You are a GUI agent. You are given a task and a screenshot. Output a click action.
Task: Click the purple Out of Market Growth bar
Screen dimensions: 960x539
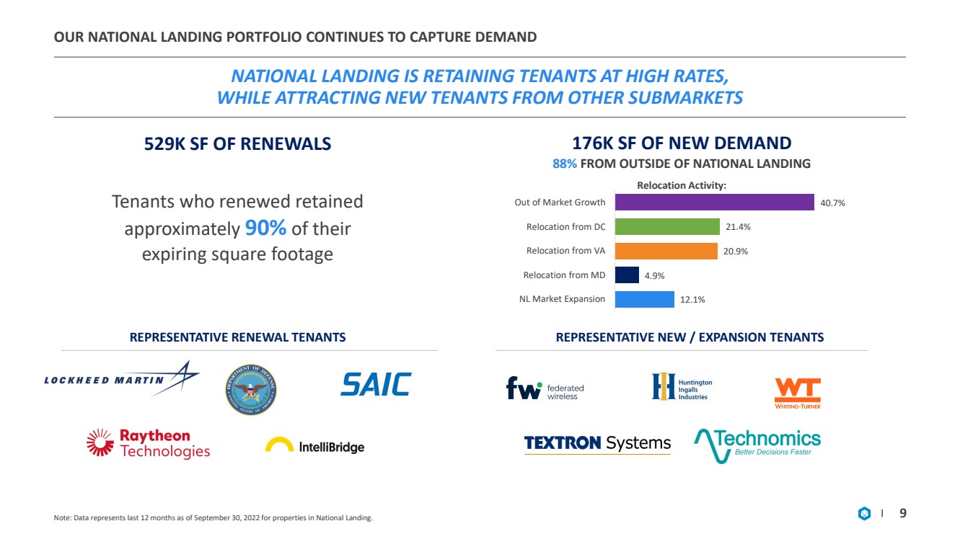(x=715, y=202)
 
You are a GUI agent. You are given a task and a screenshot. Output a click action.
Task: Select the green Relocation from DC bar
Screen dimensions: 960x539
(x=667, y=226)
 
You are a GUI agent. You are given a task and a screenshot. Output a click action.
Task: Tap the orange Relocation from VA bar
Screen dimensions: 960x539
(x=666, y=251)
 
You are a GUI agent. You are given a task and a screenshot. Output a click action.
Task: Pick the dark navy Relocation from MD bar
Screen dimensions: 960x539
(x=627, y=275)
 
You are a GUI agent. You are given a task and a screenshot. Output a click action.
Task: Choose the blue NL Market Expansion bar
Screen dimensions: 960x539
(x=645, y=299)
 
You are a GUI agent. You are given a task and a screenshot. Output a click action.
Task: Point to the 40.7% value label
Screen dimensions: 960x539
(x=832, y=203)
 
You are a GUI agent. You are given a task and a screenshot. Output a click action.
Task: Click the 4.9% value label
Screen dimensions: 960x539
(x=654, y=276)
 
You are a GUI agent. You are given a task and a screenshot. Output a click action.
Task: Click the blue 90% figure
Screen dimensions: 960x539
(x=265, y=228)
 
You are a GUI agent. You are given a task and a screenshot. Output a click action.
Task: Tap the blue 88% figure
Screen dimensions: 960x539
(x=565, y=164)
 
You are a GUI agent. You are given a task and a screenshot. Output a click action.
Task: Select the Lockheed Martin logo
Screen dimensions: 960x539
(x=122, y=379)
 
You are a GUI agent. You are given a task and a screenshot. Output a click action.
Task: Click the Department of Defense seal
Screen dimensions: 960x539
(x=251, y=390)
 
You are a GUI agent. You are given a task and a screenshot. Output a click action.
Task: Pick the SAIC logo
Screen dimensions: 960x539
(x=376, y=384)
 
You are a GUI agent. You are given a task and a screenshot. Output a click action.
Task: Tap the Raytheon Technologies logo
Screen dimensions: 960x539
(x=149, y=444)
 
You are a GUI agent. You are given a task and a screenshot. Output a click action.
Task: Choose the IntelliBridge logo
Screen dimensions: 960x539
(x=315, y=446)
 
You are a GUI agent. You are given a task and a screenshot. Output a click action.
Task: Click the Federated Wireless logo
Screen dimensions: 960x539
(x=545, y=388)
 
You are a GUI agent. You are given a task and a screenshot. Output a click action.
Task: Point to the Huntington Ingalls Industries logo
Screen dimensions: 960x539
(x=682, y=386)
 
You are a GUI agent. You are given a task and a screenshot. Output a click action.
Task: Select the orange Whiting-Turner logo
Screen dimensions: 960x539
(x=798, y=393)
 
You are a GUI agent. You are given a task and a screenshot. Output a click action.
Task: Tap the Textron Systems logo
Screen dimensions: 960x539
(x=597, y=444)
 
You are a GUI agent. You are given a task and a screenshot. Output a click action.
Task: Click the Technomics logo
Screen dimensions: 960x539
(x=757, y=445)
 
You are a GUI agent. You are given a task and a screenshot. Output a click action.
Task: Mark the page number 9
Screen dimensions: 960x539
(x=902, y=513)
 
